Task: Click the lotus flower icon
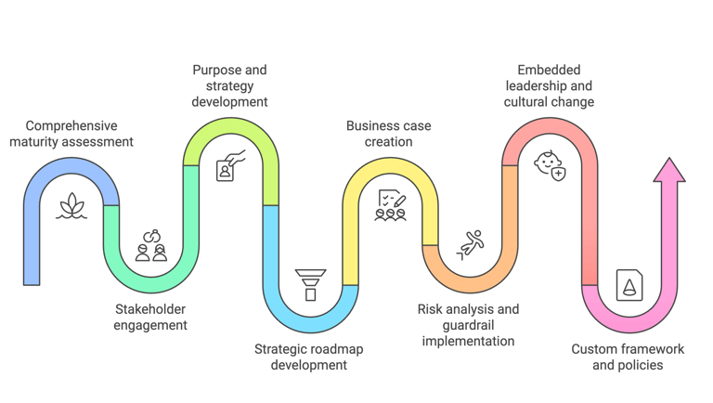point(72,207)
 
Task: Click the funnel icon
point(310,283)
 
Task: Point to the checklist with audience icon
point(390,204)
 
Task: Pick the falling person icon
point(472,243)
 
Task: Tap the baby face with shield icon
point(550,165)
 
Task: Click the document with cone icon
point(629,284)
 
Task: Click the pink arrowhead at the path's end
point(668,171)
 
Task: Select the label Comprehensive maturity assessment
point(72,134)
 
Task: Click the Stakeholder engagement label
point(150,317)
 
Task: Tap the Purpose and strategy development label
point(229,85)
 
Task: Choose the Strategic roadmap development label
point(309,357)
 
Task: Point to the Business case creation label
point(389,134)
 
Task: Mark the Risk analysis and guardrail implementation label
point(468,324)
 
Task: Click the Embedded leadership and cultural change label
point(549,85)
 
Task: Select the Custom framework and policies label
point(628,357)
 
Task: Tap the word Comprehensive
point(72,125)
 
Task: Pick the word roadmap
point(337,349)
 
